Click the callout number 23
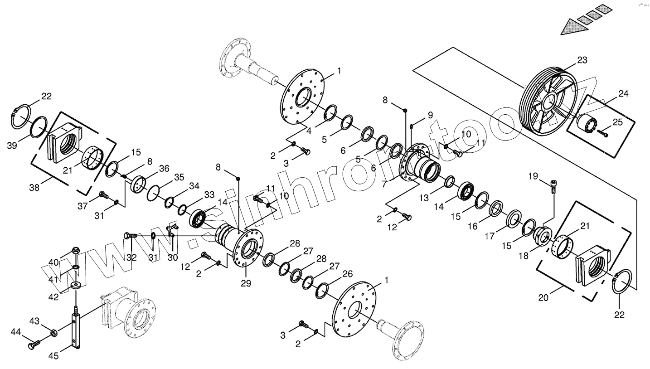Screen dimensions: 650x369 [x=582, y=60]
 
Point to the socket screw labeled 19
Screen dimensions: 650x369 [x=553, y=185]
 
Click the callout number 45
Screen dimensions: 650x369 [x=53, y=356]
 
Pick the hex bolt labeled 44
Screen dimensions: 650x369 [x=34, y=345]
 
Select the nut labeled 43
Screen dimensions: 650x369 [x=53, y=333]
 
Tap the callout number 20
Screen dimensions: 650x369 [x=543, y=298]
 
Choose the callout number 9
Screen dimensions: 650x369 [x=430, y=115]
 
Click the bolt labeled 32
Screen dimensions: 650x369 [x=130, y=235]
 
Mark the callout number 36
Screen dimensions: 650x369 [x=164, y=168]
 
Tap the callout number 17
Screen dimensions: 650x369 [x=489, y=236]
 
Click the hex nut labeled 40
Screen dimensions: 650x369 [x=76, y=251]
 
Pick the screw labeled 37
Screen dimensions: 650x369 [x=103, y=195]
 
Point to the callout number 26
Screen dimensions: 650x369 [x=348, y=274]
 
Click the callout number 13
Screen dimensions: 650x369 [x=423, y=198]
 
